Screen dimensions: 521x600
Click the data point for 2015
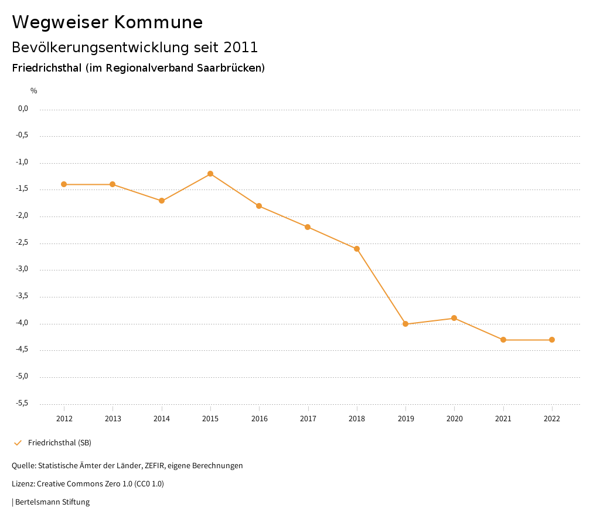click(x=210, y=174)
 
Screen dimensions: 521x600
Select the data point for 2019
click(x=405, y=324)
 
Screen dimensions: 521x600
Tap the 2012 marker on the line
click(x=64, y=184)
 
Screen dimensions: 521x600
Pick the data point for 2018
click(x=357, y=249)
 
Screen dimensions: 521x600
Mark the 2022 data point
click(x=552, y=340)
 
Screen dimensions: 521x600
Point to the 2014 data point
click(x=162, y=201)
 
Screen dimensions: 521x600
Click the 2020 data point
click(x=454, y=318)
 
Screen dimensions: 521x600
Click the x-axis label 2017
click(x=308, y=418)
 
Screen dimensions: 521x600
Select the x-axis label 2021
click(x=503, y=418)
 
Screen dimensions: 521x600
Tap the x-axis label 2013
click(x=113, y=418)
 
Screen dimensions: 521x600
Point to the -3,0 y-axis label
click(x=23, y=269)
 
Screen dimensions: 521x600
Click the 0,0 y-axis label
click(x=23, y=109)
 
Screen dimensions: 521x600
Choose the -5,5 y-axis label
click(x=23, y=403)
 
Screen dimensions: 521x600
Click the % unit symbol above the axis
click(x=34, y=91)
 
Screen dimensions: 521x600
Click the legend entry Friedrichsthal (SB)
click(x=60, y=442)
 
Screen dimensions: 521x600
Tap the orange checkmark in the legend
click(x=18, y=442)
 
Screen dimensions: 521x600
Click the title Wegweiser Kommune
click(x=107, y=22)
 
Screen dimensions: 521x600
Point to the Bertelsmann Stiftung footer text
click(x=52, y=502)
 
